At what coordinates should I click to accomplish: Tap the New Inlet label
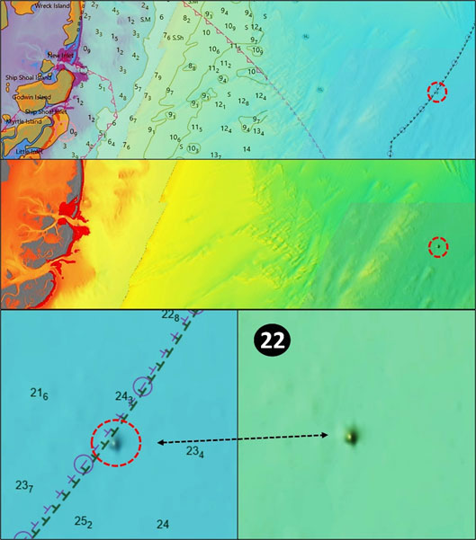pos(61,56)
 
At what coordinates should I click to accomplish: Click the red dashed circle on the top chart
pos(436,92)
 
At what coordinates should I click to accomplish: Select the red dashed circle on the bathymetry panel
pos(437,247)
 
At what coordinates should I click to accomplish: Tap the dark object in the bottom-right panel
pos(350,436)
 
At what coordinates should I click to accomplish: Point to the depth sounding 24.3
pos(124,396)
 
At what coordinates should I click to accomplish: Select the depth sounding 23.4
pos(195,453)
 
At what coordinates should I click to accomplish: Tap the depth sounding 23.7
pos(25,486)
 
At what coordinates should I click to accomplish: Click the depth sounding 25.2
pos(83,521)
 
